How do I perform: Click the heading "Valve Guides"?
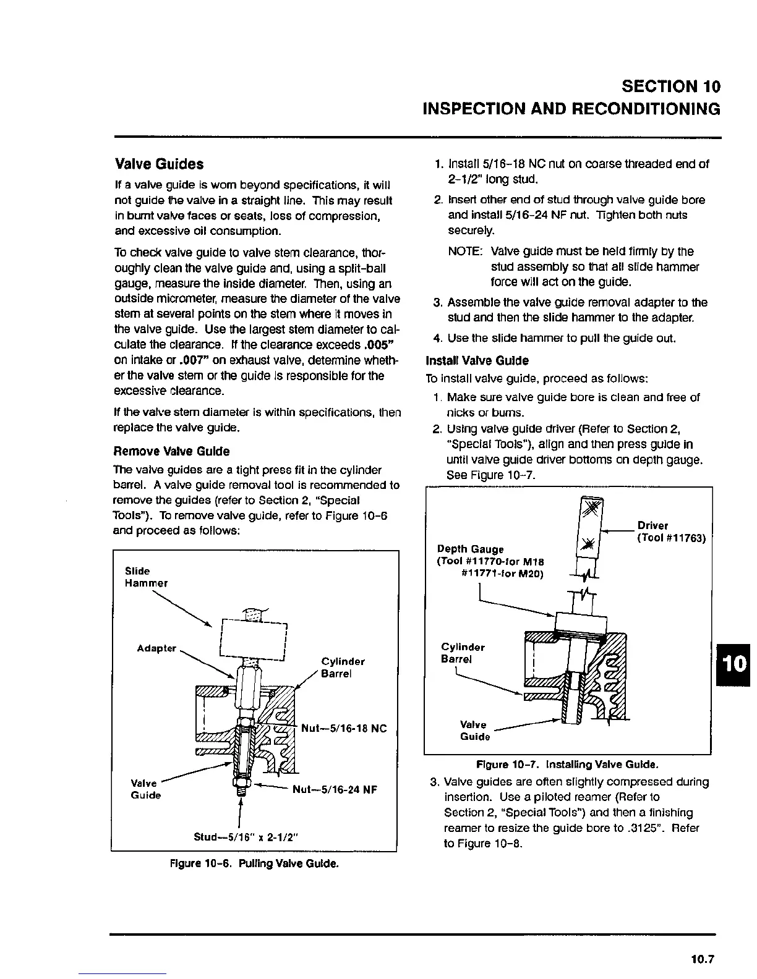pos(159,164)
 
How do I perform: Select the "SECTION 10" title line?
pos(671,86)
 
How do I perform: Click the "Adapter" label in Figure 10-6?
pos(156,648)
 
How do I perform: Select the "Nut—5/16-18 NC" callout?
pos(343,729)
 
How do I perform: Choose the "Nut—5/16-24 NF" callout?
pos(334,789)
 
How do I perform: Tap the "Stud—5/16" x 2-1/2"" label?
pos(246,837)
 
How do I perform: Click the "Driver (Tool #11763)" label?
pos(671,532)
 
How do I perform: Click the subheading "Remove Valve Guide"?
pos(172,451)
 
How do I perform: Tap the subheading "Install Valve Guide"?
pos(477,360)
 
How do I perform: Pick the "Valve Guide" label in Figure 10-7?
pos(474,731)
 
